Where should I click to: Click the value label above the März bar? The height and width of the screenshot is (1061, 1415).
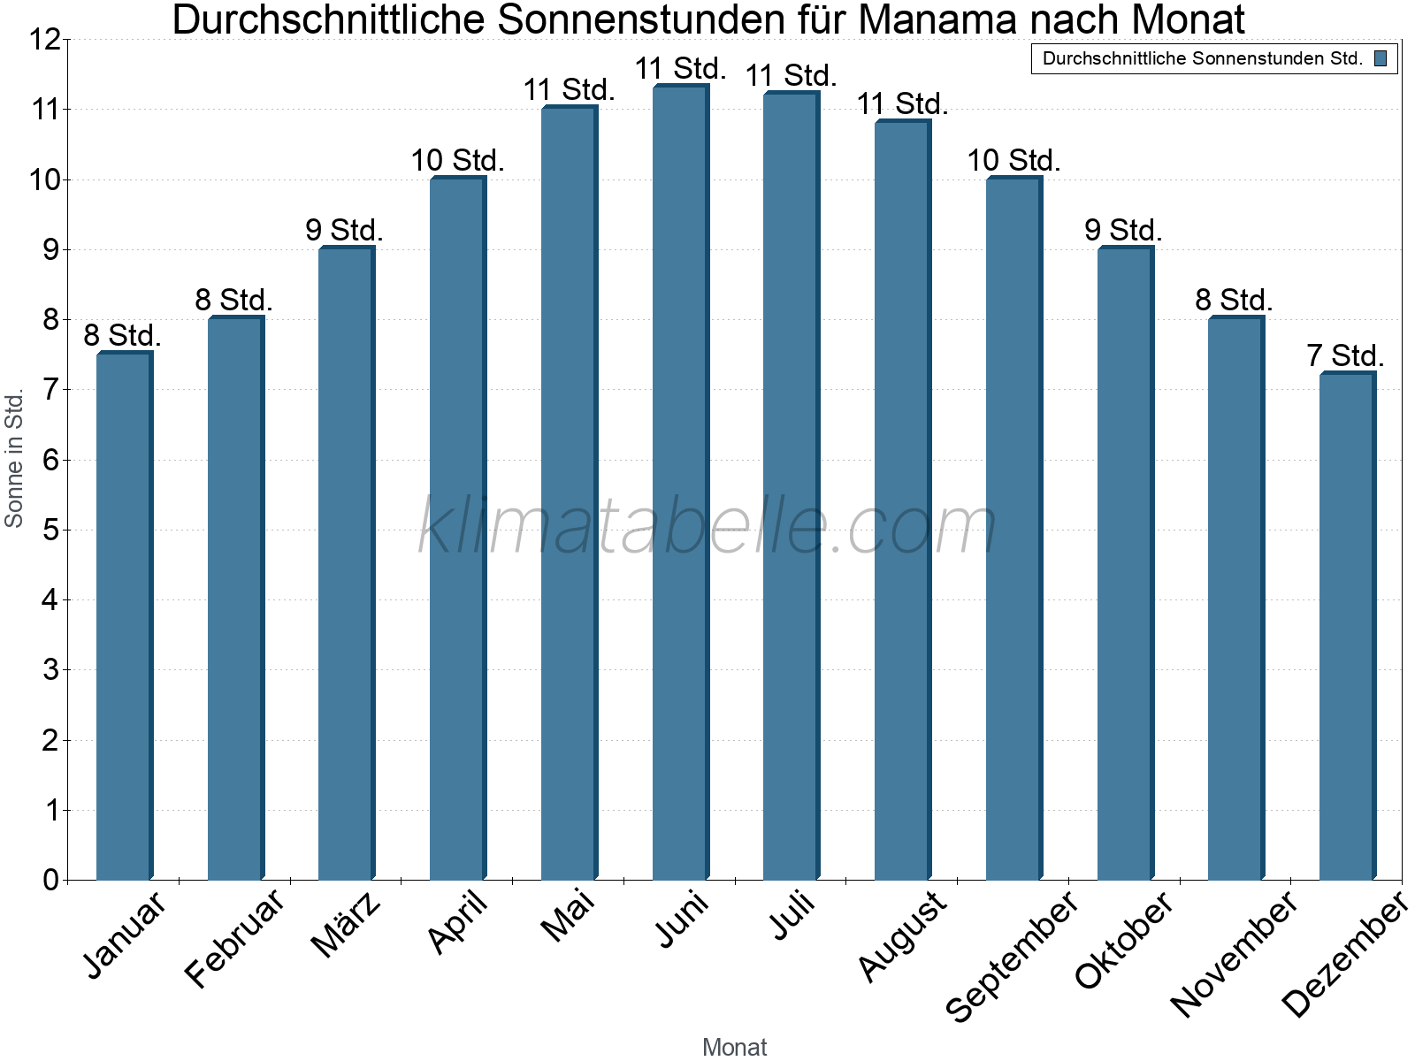pos(345,231)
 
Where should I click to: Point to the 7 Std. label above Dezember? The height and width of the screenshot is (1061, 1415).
pos(1345,356)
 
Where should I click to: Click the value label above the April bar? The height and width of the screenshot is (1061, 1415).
pos(457,161)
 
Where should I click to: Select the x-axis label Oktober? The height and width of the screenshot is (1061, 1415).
pos(1124,939)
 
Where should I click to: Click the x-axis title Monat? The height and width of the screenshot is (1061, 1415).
pos(734,1048)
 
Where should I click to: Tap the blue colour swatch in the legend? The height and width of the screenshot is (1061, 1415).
pos(1381,59)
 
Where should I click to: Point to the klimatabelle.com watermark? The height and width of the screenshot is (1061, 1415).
pos(707,527)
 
